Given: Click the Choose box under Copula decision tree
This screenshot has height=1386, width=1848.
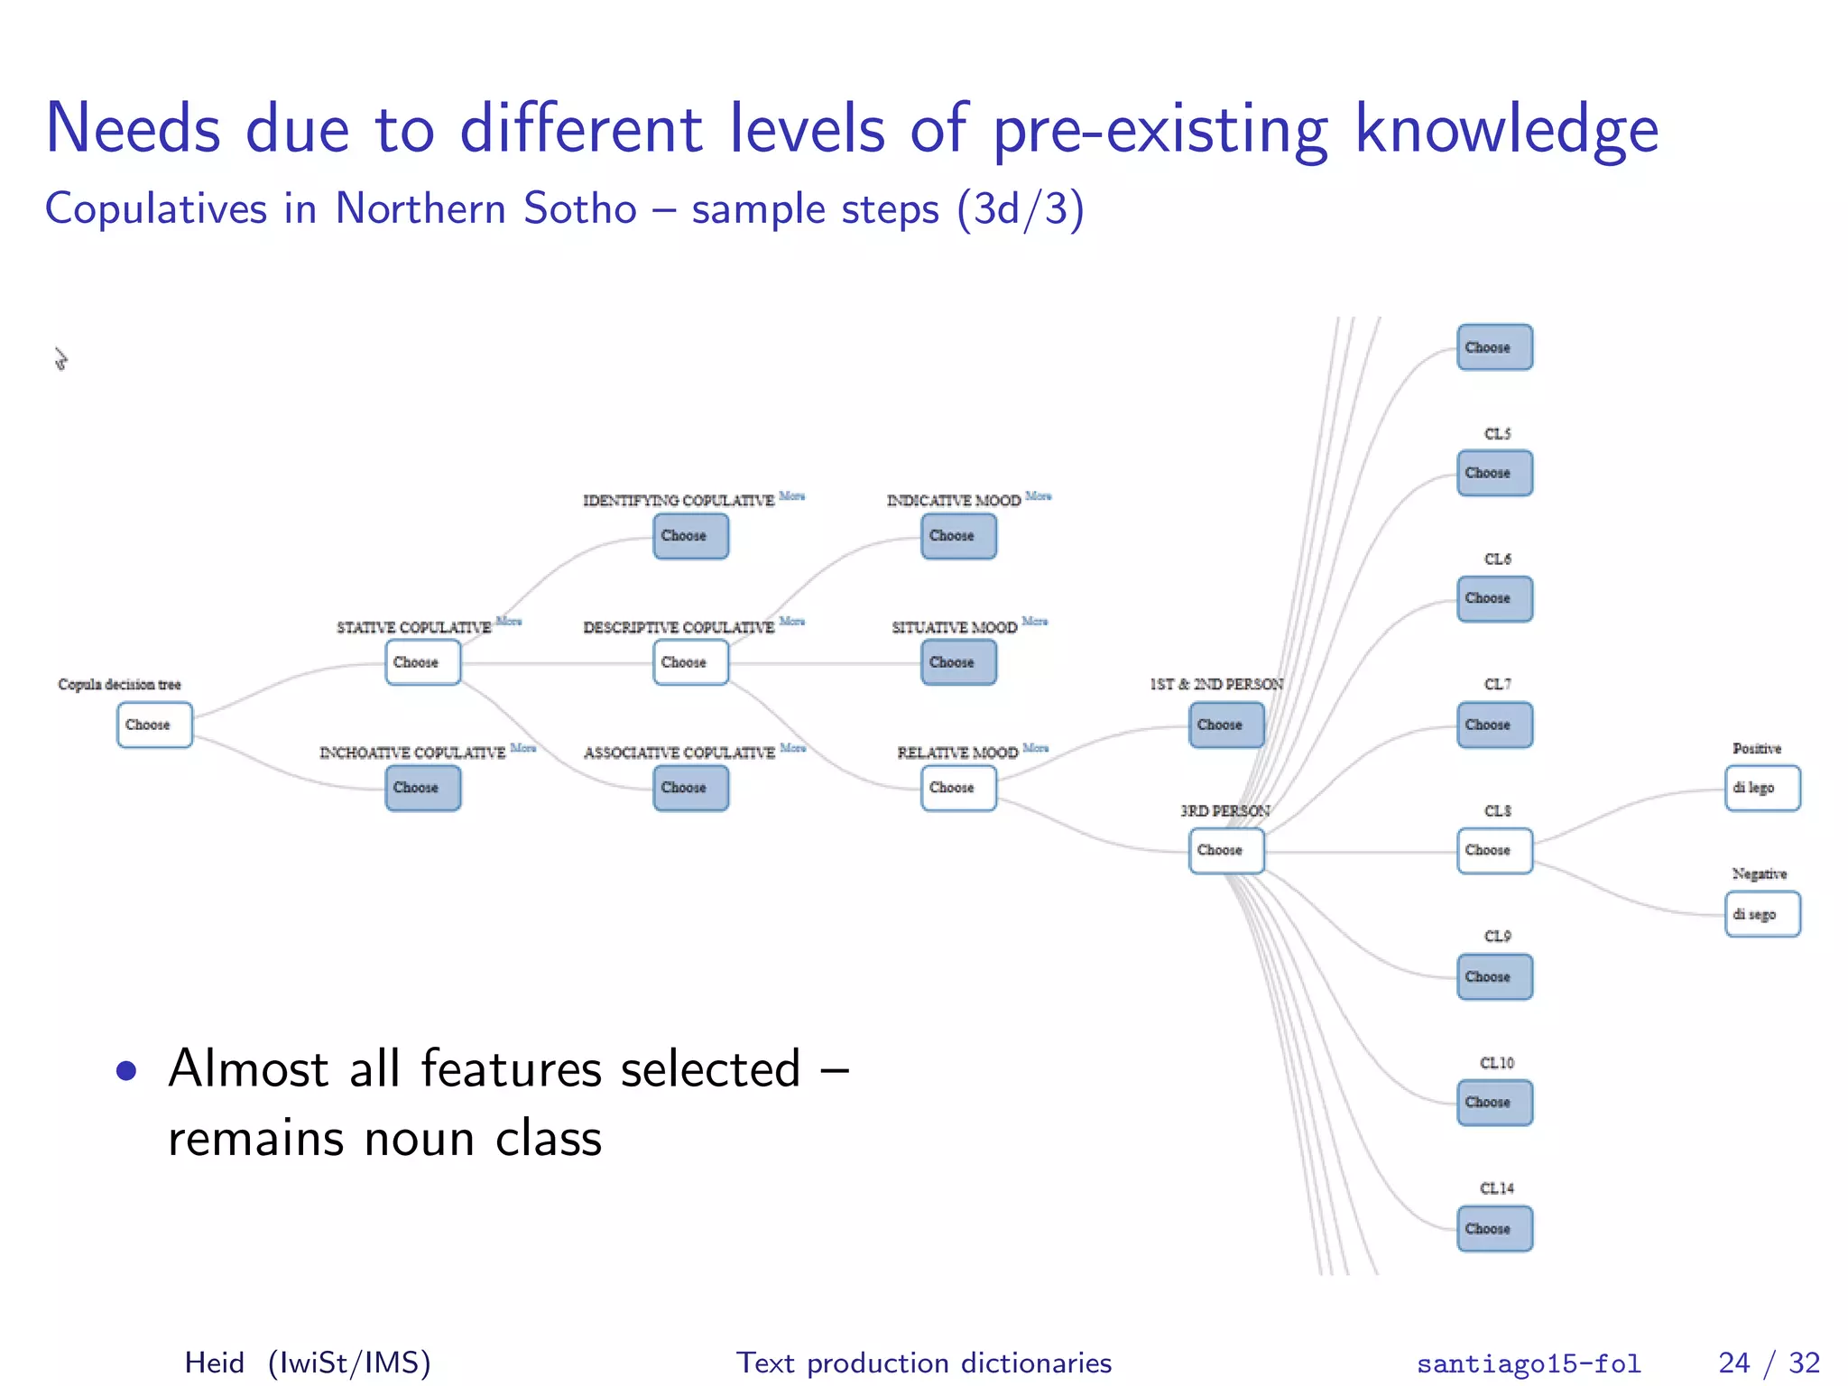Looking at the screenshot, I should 154,725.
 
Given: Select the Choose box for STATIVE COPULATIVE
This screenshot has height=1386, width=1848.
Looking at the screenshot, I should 422,662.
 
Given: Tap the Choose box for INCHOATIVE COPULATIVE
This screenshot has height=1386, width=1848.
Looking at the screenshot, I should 422,788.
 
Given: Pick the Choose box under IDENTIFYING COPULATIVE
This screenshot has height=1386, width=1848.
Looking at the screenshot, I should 690,536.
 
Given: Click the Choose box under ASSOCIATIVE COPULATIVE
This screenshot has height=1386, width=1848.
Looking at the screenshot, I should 690,788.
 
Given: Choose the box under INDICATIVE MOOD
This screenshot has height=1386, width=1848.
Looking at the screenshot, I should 958,536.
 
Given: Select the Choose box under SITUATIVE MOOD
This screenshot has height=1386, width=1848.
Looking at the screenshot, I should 958,662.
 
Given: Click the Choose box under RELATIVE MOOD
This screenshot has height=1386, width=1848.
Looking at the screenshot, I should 958,788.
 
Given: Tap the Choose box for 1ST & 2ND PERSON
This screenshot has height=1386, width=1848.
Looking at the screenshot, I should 1226,725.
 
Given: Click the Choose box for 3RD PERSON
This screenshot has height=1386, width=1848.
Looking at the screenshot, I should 1226,851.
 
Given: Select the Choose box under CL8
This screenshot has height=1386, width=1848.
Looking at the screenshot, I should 1494,851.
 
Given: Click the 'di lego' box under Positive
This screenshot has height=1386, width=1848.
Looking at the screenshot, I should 1762,788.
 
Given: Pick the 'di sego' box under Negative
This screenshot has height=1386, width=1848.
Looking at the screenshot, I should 1762,914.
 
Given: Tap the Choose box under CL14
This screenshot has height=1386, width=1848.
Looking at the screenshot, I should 1494,1229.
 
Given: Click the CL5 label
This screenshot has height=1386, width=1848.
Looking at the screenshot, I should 1497,434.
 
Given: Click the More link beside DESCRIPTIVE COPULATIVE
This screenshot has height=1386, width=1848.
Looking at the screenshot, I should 791,621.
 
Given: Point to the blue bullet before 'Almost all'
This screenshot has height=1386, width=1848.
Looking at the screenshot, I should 126,1071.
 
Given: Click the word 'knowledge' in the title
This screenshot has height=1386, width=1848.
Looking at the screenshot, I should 1506,129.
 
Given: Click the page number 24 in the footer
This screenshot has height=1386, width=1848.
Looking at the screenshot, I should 1733,1363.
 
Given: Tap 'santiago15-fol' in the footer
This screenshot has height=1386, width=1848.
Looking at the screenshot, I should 1529,1363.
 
